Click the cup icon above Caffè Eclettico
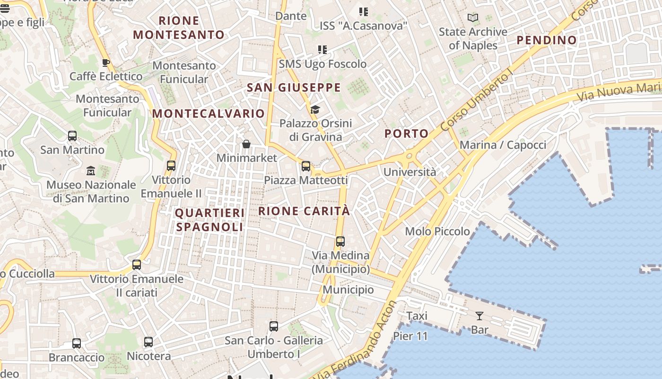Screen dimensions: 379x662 pyautogui.click(x=106, y=63)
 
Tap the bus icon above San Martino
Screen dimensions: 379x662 pyautogui.click(x=72, y=136)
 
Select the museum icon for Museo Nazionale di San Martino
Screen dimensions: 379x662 pyautogui.click(x=91, y=171)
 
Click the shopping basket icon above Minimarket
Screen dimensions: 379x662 pyautogui.click(x=246, y=144)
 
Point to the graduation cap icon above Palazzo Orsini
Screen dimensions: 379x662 pyautogui.click(x=315, y=110)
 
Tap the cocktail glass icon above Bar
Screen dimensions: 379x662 pyautogui.click(x=479, y=316)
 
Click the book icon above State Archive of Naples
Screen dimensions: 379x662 pyautogui.click(x=472, y=18)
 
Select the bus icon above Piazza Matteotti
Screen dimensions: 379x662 pyautogui.click(x=306, y=166)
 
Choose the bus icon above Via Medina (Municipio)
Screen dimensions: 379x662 pyautogui.click(x=340, y=241)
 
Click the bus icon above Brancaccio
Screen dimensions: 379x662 pyautogui.click(x=77, y=343)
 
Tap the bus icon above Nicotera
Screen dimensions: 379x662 pyautogui.click(x=148, y=342)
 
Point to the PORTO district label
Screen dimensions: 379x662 pyautogui.click(x=406, y=134)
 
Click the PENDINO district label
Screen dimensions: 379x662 pyautogui.click(x=546, y=40)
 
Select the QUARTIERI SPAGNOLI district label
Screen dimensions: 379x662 pyautogui.click(x=210, y=220)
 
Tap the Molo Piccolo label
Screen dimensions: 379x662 pyautogui.click(x=437, y=231)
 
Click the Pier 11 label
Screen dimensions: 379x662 pyautogui.click(x=410, y=336)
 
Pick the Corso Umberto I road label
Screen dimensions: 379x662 pyautogui.click(x=475, y=101)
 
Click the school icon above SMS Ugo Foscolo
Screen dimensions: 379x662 pyautogui.click(x=322, y=50)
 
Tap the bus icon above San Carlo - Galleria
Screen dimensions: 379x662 pyautogui.click(x=274, y=326)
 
